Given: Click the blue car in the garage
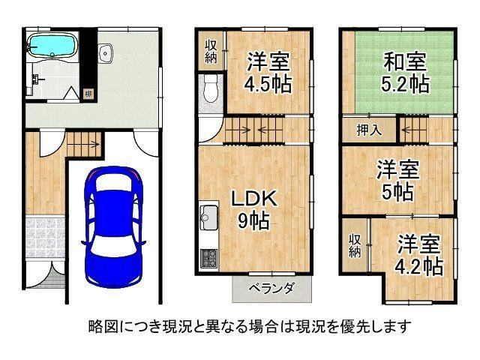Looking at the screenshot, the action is coord(113,227).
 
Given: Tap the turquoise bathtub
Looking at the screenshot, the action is coord(52,46).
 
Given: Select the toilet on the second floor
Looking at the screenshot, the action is coord(210,88).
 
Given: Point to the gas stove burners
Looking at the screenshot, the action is coord(208,258).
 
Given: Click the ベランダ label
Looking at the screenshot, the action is coord(271,288).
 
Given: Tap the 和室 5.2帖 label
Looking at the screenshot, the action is coord(405,73).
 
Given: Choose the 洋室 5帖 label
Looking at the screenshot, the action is coord(397,181).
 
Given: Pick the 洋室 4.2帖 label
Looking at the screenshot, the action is coord(418,255).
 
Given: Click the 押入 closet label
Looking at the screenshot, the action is coord(369,130).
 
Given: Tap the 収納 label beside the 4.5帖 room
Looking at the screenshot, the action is coord(211,52).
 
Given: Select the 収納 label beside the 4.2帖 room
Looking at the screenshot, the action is coord(355,246).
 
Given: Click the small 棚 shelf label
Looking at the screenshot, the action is coord(88,94).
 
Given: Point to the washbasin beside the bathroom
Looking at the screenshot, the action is coord(106,53).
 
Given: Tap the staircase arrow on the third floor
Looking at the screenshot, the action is coord(411,130).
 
